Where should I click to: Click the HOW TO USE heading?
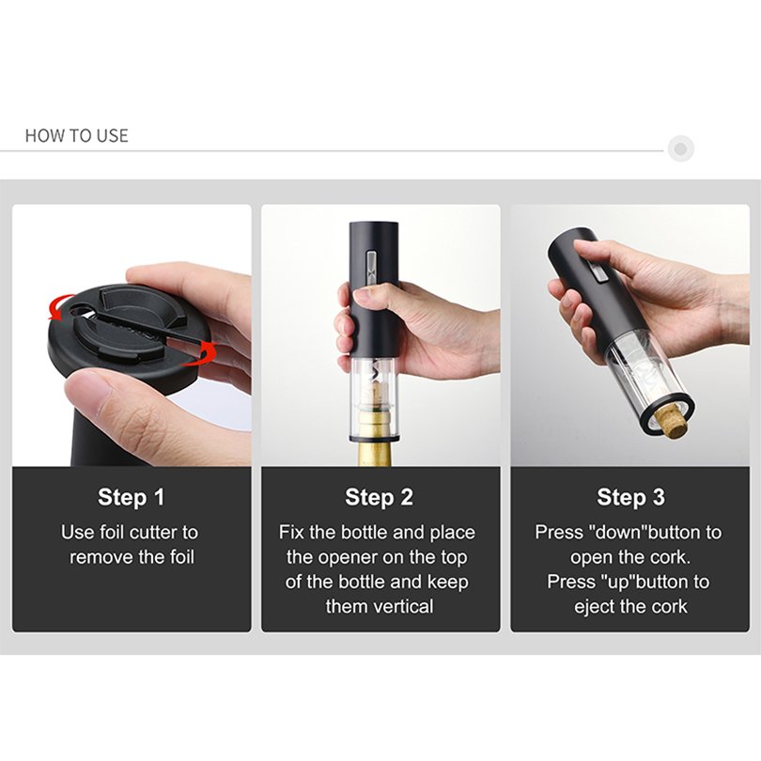77,135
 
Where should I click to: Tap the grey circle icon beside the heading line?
680,148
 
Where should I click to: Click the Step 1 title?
131,497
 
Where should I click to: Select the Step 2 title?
379,497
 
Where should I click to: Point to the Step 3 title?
630,497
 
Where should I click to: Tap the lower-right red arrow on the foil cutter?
200,355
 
